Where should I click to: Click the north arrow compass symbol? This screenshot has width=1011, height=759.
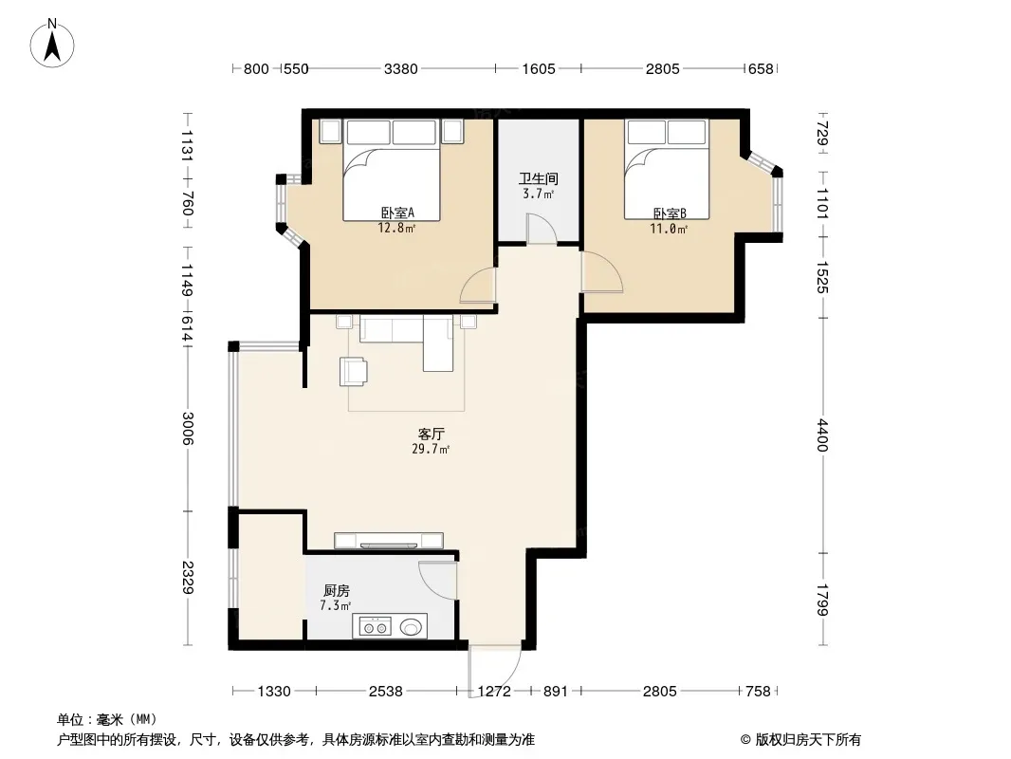(x=52, y=44)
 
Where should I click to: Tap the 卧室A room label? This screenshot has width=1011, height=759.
(x=397, y=213)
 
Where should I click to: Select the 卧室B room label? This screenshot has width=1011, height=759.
(x=670, y=213)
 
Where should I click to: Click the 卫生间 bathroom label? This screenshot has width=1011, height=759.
(x=539, y=178)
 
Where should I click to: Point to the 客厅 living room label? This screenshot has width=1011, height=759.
(x=431, y=434)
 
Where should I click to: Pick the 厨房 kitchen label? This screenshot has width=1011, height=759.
(x=336, y=590)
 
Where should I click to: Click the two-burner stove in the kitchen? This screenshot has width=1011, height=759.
(x=375, y=626)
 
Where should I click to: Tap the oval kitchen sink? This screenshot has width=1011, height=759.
(x=412, y=626)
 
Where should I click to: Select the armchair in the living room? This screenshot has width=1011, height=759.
(x=354, y=372)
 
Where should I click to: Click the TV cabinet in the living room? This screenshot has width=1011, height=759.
(x=389, y=541)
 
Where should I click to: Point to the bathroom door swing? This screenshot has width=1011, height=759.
(x=542, y=229)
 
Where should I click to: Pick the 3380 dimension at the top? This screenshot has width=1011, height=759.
(x=401, y=68)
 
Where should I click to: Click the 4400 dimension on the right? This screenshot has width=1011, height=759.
(x=822, y=435)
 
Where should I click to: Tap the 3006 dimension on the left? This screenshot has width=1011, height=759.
(x=188, y=428)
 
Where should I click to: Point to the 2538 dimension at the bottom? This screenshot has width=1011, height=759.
(x=386, y=692)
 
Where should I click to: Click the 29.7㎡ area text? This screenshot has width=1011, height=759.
(x=431, y=449)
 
